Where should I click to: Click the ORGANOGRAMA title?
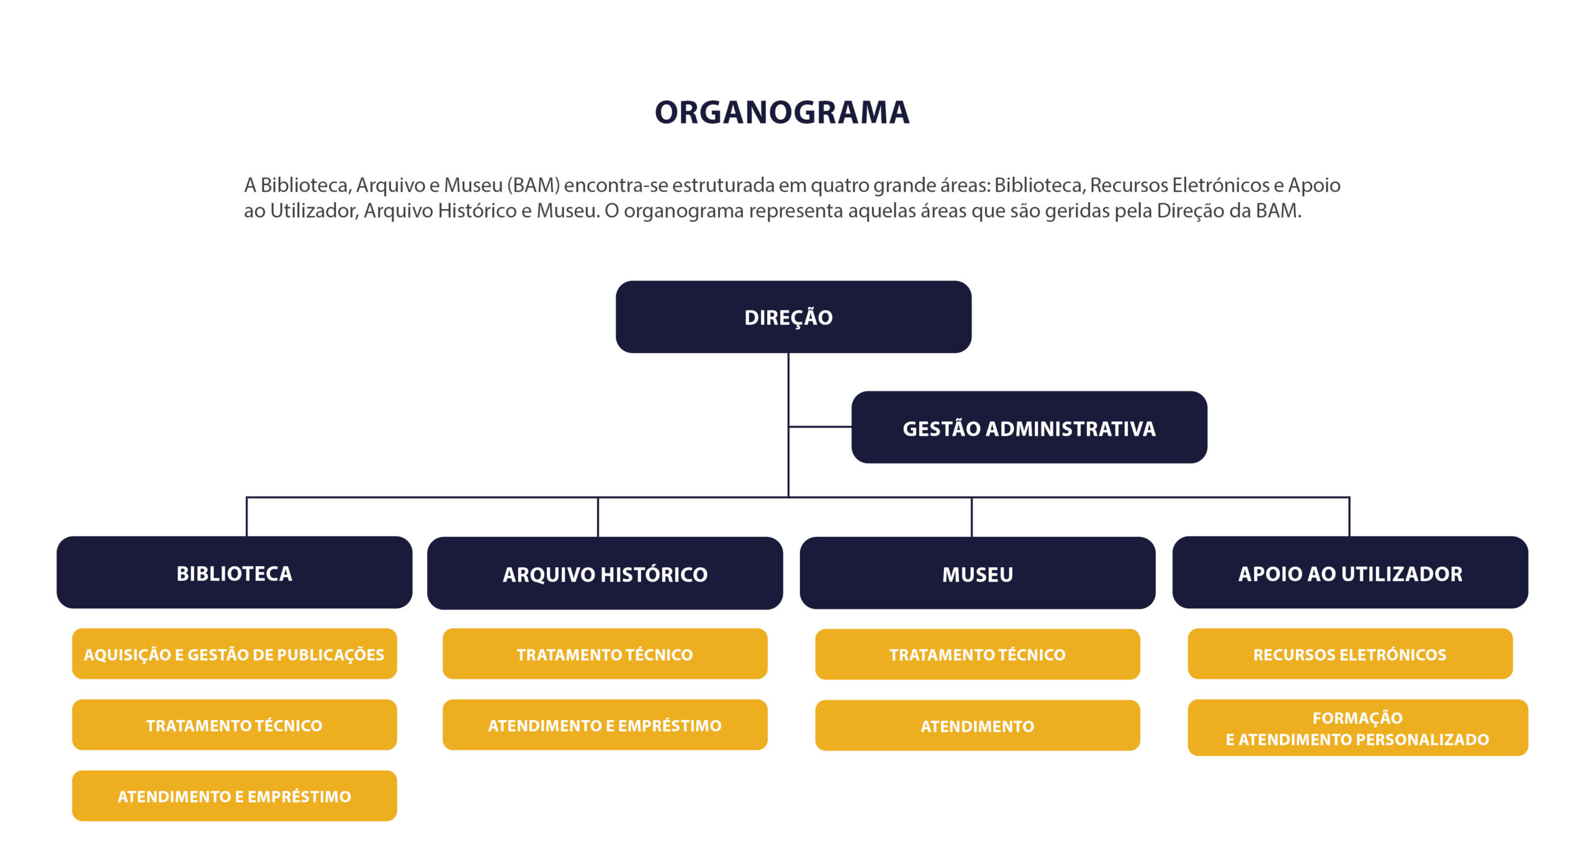782,112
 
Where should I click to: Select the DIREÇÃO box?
793,317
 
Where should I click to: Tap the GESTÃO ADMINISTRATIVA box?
1029,427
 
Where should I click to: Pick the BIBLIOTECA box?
234,572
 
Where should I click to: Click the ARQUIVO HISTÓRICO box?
605,573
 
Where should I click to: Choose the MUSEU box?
978,573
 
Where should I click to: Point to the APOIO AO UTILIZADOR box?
1350,572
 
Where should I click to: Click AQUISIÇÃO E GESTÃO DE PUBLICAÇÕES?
234,654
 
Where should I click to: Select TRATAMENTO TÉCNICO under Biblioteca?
234,725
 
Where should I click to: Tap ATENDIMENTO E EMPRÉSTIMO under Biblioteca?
234,796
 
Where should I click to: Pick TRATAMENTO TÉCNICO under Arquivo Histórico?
605,654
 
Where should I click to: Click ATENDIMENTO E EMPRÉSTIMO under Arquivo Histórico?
605,725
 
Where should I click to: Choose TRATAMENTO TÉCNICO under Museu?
978,654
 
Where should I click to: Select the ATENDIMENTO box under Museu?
978,726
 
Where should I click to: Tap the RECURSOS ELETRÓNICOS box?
1350,654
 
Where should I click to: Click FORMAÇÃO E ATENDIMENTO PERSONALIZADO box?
1358,727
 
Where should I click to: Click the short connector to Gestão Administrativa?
820,426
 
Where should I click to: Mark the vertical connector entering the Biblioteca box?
247,516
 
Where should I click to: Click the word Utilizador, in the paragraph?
313,211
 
